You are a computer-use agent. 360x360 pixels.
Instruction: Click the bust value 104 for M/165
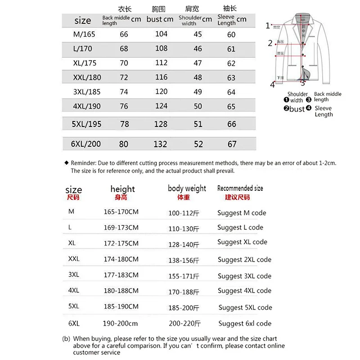pyautogui.click(x=161, y=34)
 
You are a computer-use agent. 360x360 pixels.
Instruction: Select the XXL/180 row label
pyautogui.click(x=87, y=77)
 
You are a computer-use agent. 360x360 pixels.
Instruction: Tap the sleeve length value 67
pyautogui.click(x=232, y=144)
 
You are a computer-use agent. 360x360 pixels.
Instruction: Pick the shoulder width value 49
pyautogui.click(x=198, y=92)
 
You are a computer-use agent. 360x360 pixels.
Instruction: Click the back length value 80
pyautogui.click(x=124, y=144)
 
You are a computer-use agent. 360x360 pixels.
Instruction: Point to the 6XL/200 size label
pyautogui.click(x=87, y=144)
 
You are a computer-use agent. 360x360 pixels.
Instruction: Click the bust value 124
pyautogui.click(x=161, y=107)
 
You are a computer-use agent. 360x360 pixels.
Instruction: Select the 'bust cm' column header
pyautogui.click(x=160, y=19)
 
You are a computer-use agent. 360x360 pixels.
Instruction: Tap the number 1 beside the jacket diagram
pyautogui.click(x=268, y=26)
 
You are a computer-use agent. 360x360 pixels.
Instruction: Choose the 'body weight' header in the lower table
pyautogui.click(x=187, y=189)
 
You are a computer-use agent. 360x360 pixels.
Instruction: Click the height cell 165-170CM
pyautogui.click(x=121, y=213)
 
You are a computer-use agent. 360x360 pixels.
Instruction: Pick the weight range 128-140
pyautogui.click(x=184, y=244)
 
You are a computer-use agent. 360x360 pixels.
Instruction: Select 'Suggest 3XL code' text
pyautogui.click(x=244, y=276)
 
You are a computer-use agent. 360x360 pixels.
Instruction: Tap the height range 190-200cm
pyautogui.click(x=121, y=323)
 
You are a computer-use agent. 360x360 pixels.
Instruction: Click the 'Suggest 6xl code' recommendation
pyautogui.click(x=245, y=323)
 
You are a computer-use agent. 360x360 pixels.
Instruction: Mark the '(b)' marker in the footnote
pyautogui.click(x=66, y=338)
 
